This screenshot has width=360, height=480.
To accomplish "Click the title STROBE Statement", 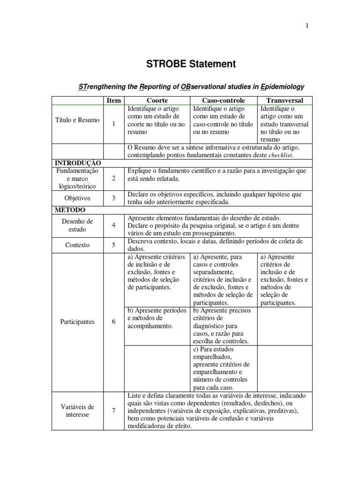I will click(180, 64).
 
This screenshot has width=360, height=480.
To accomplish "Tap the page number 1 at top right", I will click(307, 26).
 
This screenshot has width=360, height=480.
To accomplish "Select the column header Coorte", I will click(157, 100).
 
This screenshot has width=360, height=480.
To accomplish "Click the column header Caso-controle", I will click(224, 100).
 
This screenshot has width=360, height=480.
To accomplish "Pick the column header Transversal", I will click(285, 100).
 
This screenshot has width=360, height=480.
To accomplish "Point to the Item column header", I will click(113, 100).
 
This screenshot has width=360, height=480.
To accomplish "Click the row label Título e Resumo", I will click(77, 120).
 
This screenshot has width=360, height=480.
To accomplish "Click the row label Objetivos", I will click(77, 198).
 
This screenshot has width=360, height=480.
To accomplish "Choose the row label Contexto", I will click(77, 245).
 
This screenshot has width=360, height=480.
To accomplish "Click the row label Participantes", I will click(77, 322).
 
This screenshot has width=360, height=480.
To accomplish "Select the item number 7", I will click(113, 411).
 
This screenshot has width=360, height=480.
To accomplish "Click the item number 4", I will click(113, 225).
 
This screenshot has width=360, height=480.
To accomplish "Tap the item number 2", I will click(113, 179).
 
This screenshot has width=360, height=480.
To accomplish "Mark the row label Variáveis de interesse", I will click(77, 411).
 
